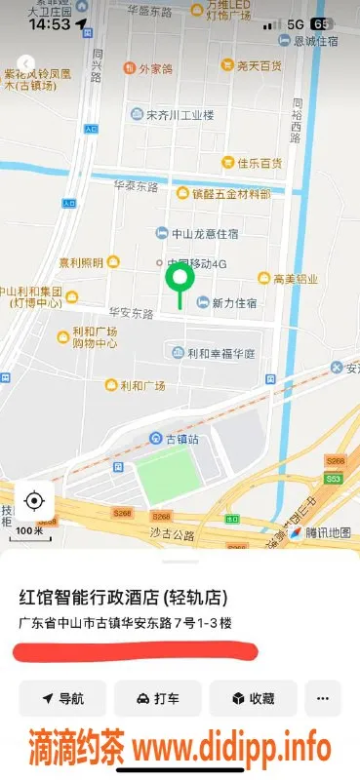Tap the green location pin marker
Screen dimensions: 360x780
[179, 280]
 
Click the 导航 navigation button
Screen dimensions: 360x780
[62, 698]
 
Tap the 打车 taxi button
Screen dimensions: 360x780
[157, 698]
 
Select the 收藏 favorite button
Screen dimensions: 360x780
[252, 698]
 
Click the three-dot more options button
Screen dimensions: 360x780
[323, 698]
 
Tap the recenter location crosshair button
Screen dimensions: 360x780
[34, 501]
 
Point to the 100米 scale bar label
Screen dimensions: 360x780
[28, 531]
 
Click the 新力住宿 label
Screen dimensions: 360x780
[234, 302]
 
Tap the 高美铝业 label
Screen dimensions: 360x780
[294, 279]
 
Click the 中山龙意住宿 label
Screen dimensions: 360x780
[204, 233]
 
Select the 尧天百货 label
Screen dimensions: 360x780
[259, 65]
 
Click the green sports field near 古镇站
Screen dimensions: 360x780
[167, 476]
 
